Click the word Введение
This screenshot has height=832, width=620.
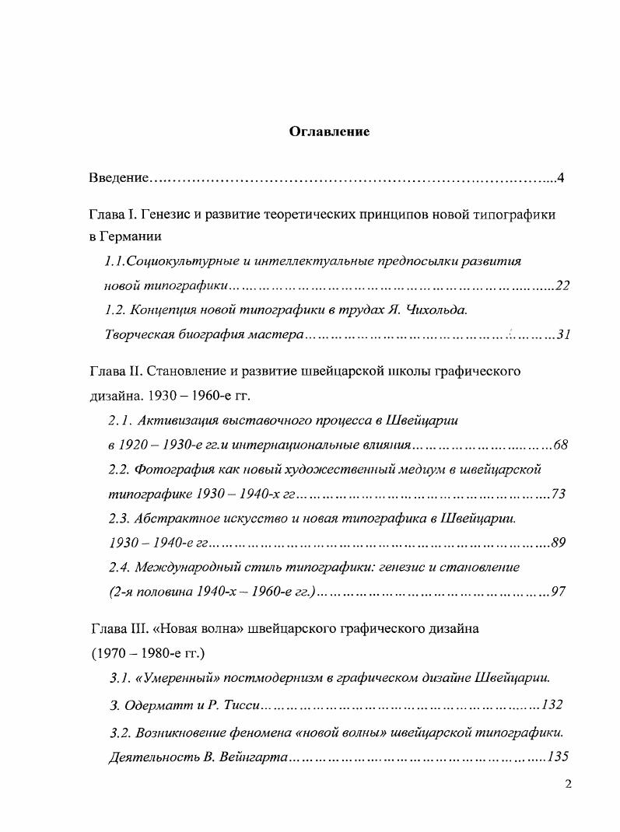tap(117, 179)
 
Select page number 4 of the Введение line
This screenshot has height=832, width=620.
tap(560, 179)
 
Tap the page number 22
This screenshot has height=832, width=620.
tap(563, 286)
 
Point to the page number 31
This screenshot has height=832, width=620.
tap(564, 335)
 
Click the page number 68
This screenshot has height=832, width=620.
tap(561, 445)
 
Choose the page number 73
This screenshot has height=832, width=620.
tap(558, 494)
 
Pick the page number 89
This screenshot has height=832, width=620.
tap(558, 543)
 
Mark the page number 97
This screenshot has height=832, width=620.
tap(558, 592)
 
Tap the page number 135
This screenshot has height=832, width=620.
tap(559, 755)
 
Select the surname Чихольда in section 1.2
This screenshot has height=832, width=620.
tap(435, 310)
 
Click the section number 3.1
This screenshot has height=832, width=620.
tap(120, 677)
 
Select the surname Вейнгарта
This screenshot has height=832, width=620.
tap(250, 755)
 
